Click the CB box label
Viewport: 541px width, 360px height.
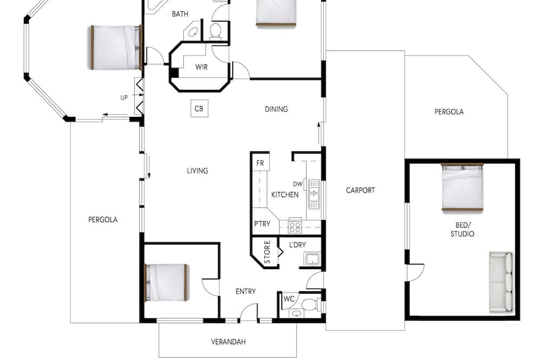[x=199, y=109]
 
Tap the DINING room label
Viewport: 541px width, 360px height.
[x=276, y=109]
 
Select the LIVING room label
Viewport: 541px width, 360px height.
[x=197, y=170]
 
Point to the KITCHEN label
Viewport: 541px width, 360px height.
[x=285, y=195]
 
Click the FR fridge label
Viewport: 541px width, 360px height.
[x=260, y=163]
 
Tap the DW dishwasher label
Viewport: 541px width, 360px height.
[x=298, y=184]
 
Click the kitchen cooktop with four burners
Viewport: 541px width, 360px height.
[x=295, y=227]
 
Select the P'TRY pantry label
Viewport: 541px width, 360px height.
[x=262, y=224]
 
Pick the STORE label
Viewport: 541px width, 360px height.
[x=267, y=252]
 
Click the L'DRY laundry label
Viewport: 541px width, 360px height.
[x=298, y=245]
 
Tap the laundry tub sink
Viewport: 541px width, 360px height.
[x=313, y=258]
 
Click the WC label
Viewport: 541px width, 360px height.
[x=289, y=298]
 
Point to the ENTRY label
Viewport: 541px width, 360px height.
[x=246, y=291]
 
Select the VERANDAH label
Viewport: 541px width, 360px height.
[x=228, y=342]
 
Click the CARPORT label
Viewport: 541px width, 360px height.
[x=360, y=190]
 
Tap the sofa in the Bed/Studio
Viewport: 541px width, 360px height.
[x=501, y=282]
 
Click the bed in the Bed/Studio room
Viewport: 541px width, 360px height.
[x=463, y=187]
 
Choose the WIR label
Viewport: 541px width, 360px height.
[x=201, y=67]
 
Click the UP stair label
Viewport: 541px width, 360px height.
[x=124, y=98]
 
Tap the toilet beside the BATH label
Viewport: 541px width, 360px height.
[x=215, y=31]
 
